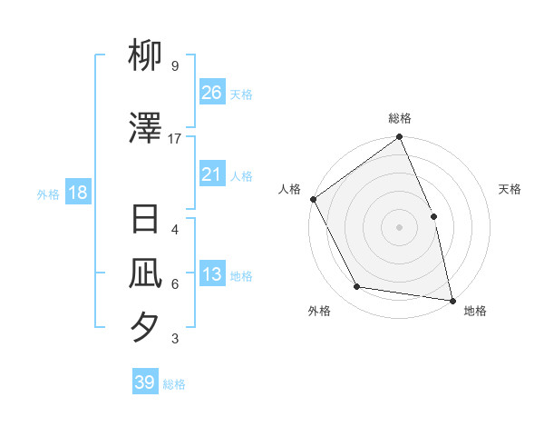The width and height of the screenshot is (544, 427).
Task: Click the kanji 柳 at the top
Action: coord(146,56)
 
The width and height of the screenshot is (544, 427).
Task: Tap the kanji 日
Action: coord(146,220)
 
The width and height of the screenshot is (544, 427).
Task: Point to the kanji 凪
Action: coord(146,273)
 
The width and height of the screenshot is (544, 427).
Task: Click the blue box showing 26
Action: coord(211,92)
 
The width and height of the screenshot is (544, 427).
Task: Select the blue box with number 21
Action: coord(211,174)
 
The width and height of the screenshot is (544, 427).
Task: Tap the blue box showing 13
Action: coord(211,274)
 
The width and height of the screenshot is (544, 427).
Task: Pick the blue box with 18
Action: coord(77,193)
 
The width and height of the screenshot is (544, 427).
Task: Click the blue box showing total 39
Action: coord(145,382)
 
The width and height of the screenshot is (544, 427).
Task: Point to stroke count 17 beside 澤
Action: coord(175,139)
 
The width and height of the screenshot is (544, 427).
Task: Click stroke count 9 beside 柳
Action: coord(175,66)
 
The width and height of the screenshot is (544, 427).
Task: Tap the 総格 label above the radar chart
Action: coord(400,118)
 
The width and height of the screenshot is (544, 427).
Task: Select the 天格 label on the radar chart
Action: coord(510,189)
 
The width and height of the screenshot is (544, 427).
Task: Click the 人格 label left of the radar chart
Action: coord(289,189)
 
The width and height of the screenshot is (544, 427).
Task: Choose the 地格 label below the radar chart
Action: coord(475,311)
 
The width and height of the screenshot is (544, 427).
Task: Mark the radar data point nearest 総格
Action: coord(399,138)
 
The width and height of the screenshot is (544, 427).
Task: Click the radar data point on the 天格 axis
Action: coord(433,216)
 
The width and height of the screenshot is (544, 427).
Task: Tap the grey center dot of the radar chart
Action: coord(399,227)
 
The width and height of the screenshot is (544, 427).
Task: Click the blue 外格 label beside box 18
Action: coord(48,194)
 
